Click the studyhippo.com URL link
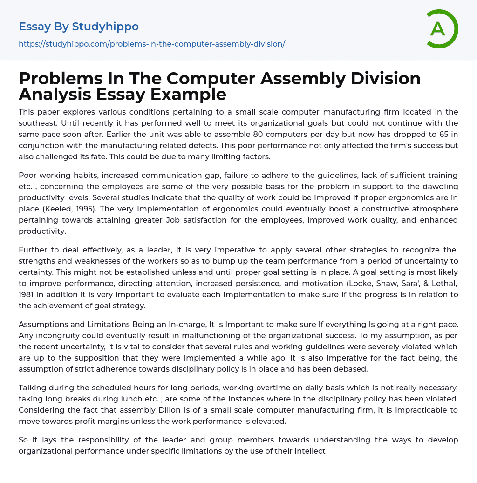coord(152,44)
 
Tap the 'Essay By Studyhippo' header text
coord(79,27)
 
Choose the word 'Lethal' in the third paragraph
coord(443,283)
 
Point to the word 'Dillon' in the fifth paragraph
coord(164,410)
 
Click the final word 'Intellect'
coord(310,451)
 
